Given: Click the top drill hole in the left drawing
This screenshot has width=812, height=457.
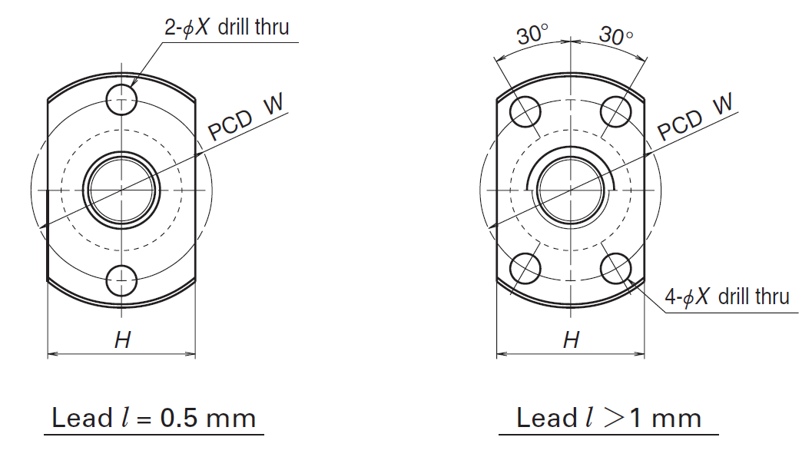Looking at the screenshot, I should pos(121,98).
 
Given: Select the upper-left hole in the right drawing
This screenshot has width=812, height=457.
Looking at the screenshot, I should pos(527,112).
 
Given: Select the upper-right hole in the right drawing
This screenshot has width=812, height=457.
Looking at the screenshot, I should pos(616,112).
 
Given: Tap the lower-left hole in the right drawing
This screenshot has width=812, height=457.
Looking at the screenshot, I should pos(527,267).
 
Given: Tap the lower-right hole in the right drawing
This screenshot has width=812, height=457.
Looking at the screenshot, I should pos(616,267).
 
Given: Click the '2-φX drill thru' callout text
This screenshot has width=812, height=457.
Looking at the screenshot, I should pos(227,28).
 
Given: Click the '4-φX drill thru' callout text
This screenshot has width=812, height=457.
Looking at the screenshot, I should pos(727,297).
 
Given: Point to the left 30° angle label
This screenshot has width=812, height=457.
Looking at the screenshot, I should pos(532,35).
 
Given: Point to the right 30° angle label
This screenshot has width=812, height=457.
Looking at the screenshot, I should pos(615,35).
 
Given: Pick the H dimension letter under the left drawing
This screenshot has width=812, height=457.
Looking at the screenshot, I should pos(122,340).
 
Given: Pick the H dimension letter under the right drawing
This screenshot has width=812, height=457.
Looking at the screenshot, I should pos(571,340).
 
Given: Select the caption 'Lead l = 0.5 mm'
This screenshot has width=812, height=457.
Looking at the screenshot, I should pos(153,419).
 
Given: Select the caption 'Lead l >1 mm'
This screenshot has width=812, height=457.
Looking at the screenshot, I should pos(608,419).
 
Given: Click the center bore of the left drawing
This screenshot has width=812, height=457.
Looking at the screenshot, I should pos(121,189).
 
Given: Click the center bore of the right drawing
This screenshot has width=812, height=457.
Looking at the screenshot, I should pos(571,189).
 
